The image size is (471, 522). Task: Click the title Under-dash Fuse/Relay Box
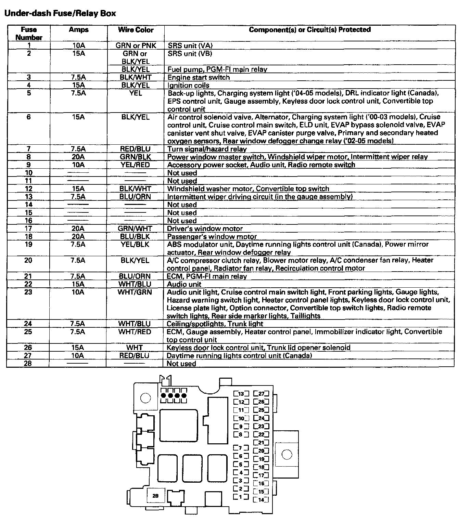click(x=60, y=13)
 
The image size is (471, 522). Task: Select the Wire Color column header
click(x=136, y=30)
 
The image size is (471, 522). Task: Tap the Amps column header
click(x=78, y=30)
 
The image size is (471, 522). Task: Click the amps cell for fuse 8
click(x=78, y=157)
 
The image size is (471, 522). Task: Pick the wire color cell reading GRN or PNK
click(x=136, y=45)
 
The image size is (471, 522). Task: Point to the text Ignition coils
click(x=188, y=86)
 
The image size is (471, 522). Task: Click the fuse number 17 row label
click(x=28, y=229)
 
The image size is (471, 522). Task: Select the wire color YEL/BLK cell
click(x=135, y=245)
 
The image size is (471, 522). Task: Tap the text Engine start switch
click(x=199, y=77)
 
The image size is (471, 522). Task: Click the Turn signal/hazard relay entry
click(x=207, y=149)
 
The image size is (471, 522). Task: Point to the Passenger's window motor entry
click(x=212, y=237)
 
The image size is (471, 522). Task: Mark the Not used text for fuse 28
click(x=181, y=364)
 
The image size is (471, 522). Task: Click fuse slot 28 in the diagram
click(x=155, y=496)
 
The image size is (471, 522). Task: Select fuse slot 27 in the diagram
click(x=261, y=394)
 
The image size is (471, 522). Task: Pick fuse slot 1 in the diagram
click(x=241, y=497)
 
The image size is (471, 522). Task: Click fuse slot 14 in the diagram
click(x=261, y=500)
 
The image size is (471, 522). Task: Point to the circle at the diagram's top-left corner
click(x=145, y=398)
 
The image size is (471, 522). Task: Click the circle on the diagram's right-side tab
click(x=287, y=455)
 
